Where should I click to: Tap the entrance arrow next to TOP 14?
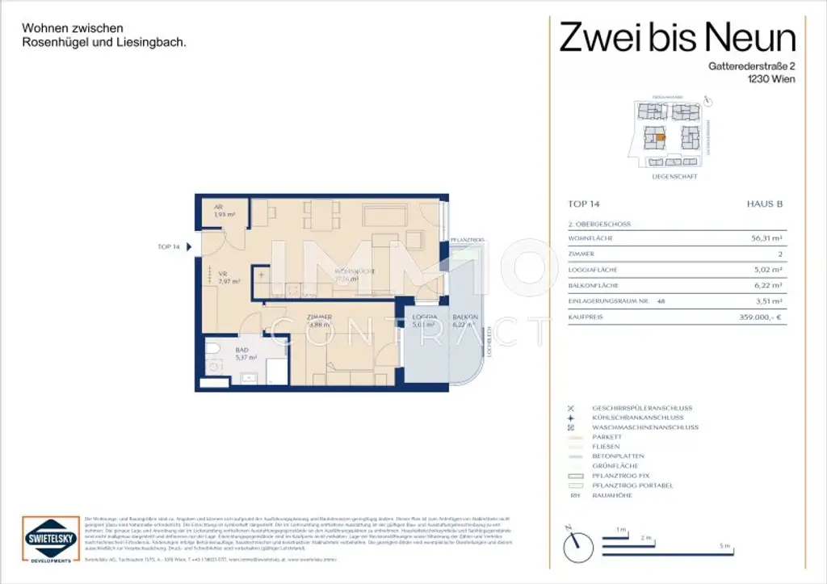tap(189, 247)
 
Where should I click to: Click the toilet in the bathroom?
tap(214, 349)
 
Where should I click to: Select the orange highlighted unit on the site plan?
tap(660, 138)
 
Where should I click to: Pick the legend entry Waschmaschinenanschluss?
tap(644, 427)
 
